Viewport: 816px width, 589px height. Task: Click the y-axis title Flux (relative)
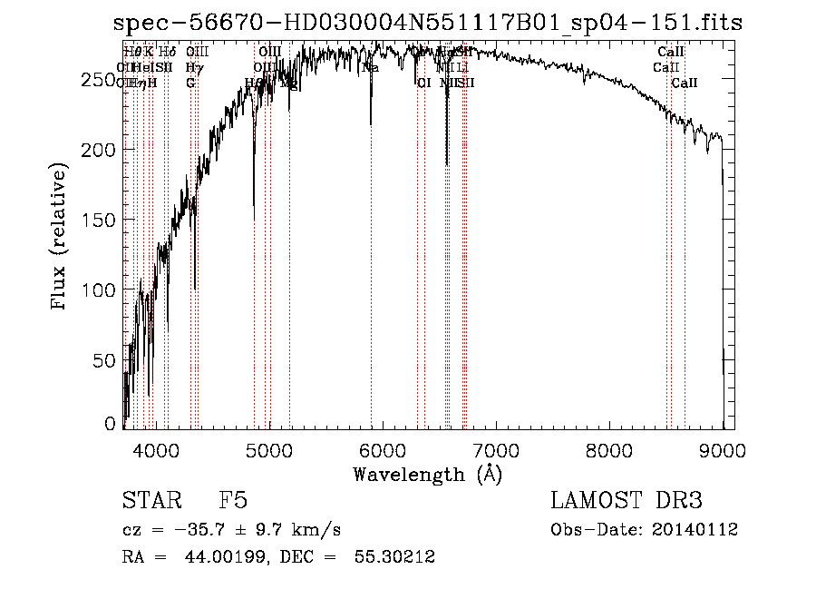pyautogui.click(x=60, y=238)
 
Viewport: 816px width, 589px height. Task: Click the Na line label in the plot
pyautogui.click(x=370, y=68)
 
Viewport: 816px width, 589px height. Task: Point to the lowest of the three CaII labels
pyautogui.click(x=685, y=83)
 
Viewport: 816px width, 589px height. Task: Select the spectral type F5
pyautogui.click(x=233, y=501)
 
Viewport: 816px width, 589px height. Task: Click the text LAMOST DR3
pyautogui.click(x=627, y=501)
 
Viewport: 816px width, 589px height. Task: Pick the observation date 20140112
pyautogui.click(x=698, y=529)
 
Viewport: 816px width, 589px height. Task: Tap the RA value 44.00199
pyautogui.click(x=199, y=557)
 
